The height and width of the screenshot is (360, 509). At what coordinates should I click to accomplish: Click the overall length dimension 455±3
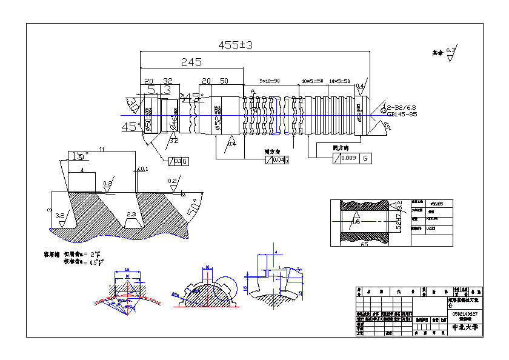tap(236, 45)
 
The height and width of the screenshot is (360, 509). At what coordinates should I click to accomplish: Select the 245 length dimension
tap(191, 62)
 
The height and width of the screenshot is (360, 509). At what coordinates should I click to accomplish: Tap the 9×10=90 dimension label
tap(269, 81)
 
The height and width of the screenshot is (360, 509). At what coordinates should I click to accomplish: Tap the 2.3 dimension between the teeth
tap(131, 215)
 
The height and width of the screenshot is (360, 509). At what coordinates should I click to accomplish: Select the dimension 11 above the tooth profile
tap(102, 149)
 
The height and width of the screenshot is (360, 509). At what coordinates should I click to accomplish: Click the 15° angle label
tap(77, 156)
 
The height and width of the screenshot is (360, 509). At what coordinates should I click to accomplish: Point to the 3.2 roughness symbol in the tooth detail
tap(60, 215)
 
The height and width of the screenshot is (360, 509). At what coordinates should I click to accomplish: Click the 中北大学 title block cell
tap(465, 327)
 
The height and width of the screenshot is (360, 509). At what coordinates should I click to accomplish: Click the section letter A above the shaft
tap(253, 92)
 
